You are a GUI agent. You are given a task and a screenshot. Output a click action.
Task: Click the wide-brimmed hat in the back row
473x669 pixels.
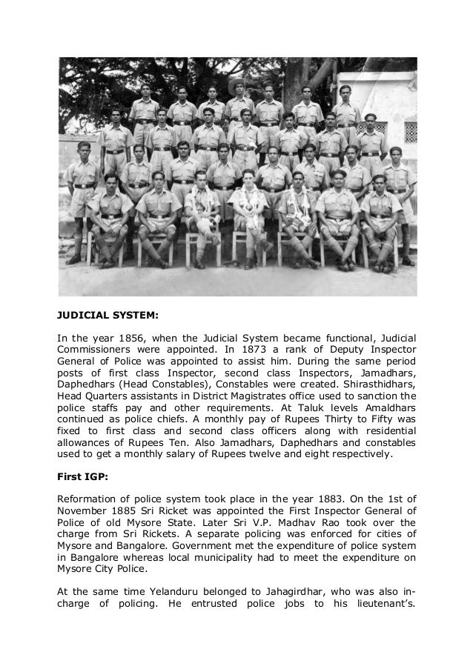pos(239,84)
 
